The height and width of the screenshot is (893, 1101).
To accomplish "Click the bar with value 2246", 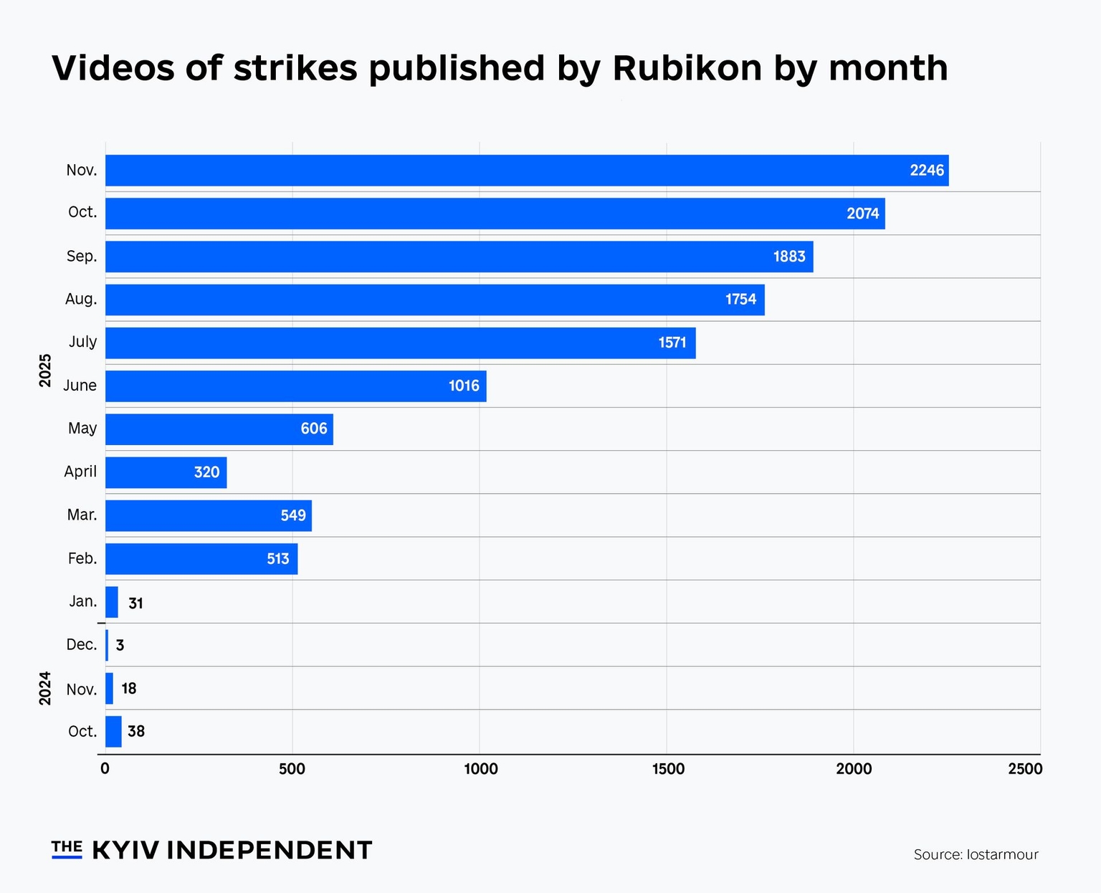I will click(x=527, y=171).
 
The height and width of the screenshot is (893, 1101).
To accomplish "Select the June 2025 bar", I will click(x=295, y=386).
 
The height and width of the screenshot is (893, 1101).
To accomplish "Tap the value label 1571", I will click(x=672, y=343).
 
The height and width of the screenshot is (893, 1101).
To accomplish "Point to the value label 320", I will click(x=206, y=472).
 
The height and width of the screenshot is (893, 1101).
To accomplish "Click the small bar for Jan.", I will click(x=112, y=602).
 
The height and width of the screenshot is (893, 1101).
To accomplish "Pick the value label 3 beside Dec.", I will click(x=120, y=645).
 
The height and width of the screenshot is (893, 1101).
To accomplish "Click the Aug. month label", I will click(x=81, y=299).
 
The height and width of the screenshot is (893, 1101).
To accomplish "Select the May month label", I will click(x=82, y=429).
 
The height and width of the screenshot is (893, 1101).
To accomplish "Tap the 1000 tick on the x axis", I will click(x=480, y=769).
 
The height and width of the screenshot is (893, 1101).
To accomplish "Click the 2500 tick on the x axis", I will click(x=1025, y=769).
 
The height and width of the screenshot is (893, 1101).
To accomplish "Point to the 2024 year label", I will click(x=45, y=688).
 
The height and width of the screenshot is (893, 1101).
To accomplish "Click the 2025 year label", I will click(x=45, y=371).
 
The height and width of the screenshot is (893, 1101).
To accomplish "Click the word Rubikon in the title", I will click(x=687, y=69).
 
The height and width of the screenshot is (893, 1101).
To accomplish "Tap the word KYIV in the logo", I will click(x=127, y=850).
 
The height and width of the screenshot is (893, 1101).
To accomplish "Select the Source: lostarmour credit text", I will click(x=976, y=854).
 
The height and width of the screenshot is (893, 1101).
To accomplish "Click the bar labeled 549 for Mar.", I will click(x=208, y=516).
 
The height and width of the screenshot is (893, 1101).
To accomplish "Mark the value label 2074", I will click(x=862, y=214).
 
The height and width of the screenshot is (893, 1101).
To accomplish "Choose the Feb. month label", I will click(x=82, y=558).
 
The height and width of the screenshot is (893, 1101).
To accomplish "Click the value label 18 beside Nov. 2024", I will click(x=129, y=689).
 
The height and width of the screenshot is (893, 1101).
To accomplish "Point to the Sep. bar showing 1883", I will click(x=459, y=257).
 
